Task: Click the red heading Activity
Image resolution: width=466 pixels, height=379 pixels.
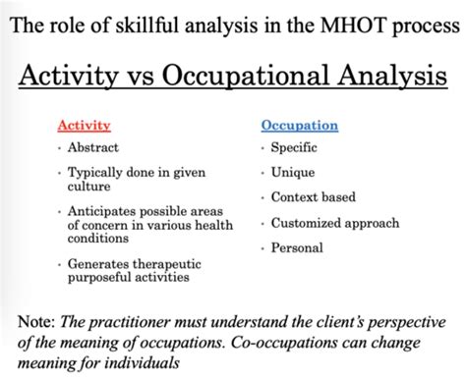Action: (x=84, y=126)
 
